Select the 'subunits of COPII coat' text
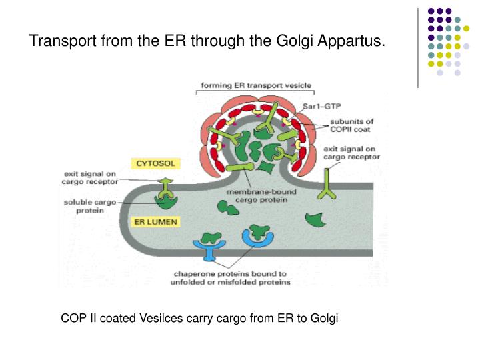click(351, 126)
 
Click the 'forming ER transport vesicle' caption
click(257, 86)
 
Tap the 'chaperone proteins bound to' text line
click(230, 273)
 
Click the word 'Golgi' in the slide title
click(293, 41)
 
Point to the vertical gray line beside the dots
click(418, 47)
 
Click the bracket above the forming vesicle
click(257, 93)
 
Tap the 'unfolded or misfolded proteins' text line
click(232, 283)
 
